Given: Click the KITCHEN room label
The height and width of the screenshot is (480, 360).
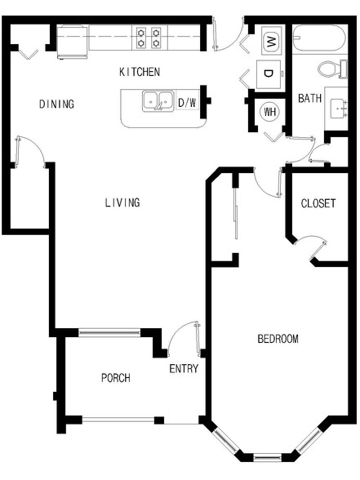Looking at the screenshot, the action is click(140, 72).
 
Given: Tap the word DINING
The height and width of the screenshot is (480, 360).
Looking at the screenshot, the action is click(56, 104).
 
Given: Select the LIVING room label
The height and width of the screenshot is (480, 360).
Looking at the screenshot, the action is click(122, 202).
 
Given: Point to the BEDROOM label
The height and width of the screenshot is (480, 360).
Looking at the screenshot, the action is click(278, 339).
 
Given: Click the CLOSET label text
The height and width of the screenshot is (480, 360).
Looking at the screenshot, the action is click(318, 203).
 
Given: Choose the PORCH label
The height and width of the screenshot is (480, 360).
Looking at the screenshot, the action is click(116, 378).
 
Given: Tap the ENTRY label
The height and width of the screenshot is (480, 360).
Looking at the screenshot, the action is click(184, 369).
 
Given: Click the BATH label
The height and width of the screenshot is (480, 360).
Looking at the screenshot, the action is click(310, 98).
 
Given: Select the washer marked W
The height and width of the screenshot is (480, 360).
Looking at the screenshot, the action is click(272, 40).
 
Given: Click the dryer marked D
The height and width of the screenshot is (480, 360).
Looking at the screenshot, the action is click(269, 74).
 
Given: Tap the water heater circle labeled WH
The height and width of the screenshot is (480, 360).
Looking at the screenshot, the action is click(269, 112).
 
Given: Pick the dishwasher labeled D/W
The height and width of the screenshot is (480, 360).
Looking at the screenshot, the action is click(187, 103).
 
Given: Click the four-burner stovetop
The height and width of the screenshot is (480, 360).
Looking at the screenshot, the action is click(149, 38).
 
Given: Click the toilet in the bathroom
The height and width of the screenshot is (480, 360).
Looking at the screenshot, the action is click(333, 69).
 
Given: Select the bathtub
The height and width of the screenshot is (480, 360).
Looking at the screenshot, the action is click(319, 38).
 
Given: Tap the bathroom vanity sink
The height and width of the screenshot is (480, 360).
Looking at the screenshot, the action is click(339, 109).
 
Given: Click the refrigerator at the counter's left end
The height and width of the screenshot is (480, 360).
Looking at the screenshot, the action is click(73, 42).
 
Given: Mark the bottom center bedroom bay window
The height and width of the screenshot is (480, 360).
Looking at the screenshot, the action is click(268, 458).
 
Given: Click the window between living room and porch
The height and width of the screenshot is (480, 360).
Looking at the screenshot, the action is click(109, 333).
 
